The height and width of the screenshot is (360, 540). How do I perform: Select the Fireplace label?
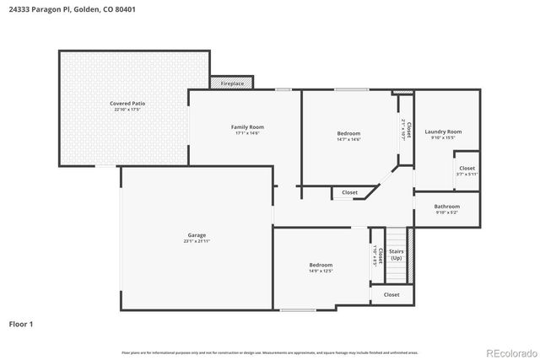click(232, 84)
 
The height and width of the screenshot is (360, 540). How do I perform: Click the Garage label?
click(197, 234)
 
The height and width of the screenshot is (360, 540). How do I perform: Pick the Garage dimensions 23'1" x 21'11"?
click(197, 241)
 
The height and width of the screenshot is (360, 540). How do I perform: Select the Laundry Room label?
click(443, 132)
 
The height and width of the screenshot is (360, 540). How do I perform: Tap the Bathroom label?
click(447, 207)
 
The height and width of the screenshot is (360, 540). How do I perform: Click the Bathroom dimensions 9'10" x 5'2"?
click(447, 212)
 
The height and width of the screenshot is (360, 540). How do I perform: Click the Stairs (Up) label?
click(396, 254)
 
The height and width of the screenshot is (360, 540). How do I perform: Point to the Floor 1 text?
click(21, 323)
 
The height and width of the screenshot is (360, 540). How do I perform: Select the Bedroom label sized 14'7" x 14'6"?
click(348, 133)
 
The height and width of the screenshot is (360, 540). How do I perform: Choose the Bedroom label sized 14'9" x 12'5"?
click(321, 265)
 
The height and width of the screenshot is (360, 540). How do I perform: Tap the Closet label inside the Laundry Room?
click(467, 168)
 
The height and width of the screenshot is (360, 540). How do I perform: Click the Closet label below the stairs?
click(391, 294)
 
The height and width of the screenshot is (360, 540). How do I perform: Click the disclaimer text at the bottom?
click(270, 352)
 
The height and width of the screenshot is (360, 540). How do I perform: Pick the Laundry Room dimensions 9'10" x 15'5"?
click(443, 138)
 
